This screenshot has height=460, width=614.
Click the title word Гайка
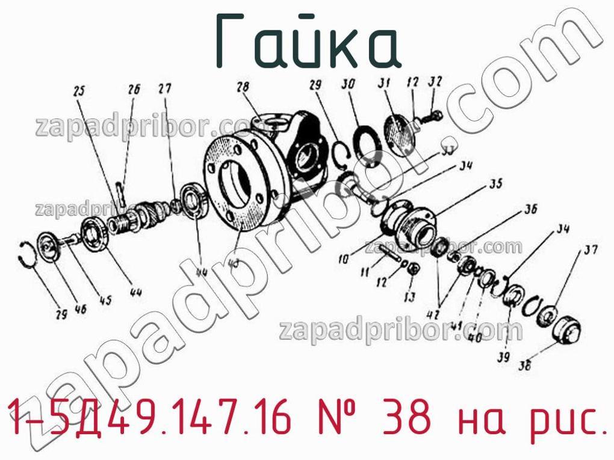(308, 41)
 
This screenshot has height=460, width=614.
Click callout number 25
(79, 91)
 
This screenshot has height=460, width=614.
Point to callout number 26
(134, 90)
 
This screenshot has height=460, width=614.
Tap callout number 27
(165, 88)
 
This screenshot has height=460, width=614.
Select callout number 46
(79, 310)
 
